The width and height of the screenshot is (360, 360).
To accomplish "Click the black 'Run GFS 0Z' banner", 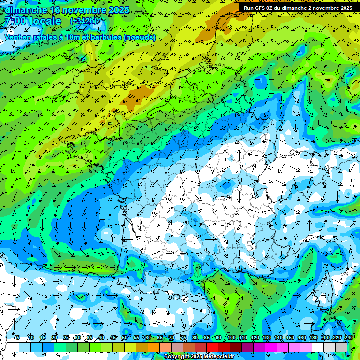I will pos(298,8).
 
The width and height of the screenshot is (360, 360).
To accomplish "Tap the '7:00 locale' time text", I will pos(32,22).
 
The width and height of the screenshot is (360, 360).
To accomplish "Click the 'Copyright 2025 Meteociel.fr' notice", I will pos(199,357).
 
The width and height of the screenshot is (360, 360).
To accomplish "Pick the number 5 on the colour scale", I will pos(18,338).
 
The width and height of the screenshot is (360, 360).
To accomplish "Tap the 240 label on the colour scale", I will pos(348,338).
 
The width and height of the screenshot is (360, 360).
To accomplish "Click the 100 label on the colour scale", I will pos(231,338).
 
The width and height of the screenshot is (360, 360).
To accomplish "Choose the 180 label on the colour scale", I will pos(313,338).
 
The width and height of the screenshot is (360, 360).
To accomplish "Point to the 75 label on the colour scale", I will pos(184,338).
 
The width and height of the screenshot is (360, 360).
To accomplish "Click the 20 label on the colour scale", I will pos(54,338).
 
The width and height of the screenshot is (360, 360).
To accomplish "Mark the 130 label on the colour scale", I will pos(266,338).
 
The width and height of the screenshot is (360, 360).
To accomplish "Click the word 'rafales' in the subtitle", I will pos(41,37).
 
